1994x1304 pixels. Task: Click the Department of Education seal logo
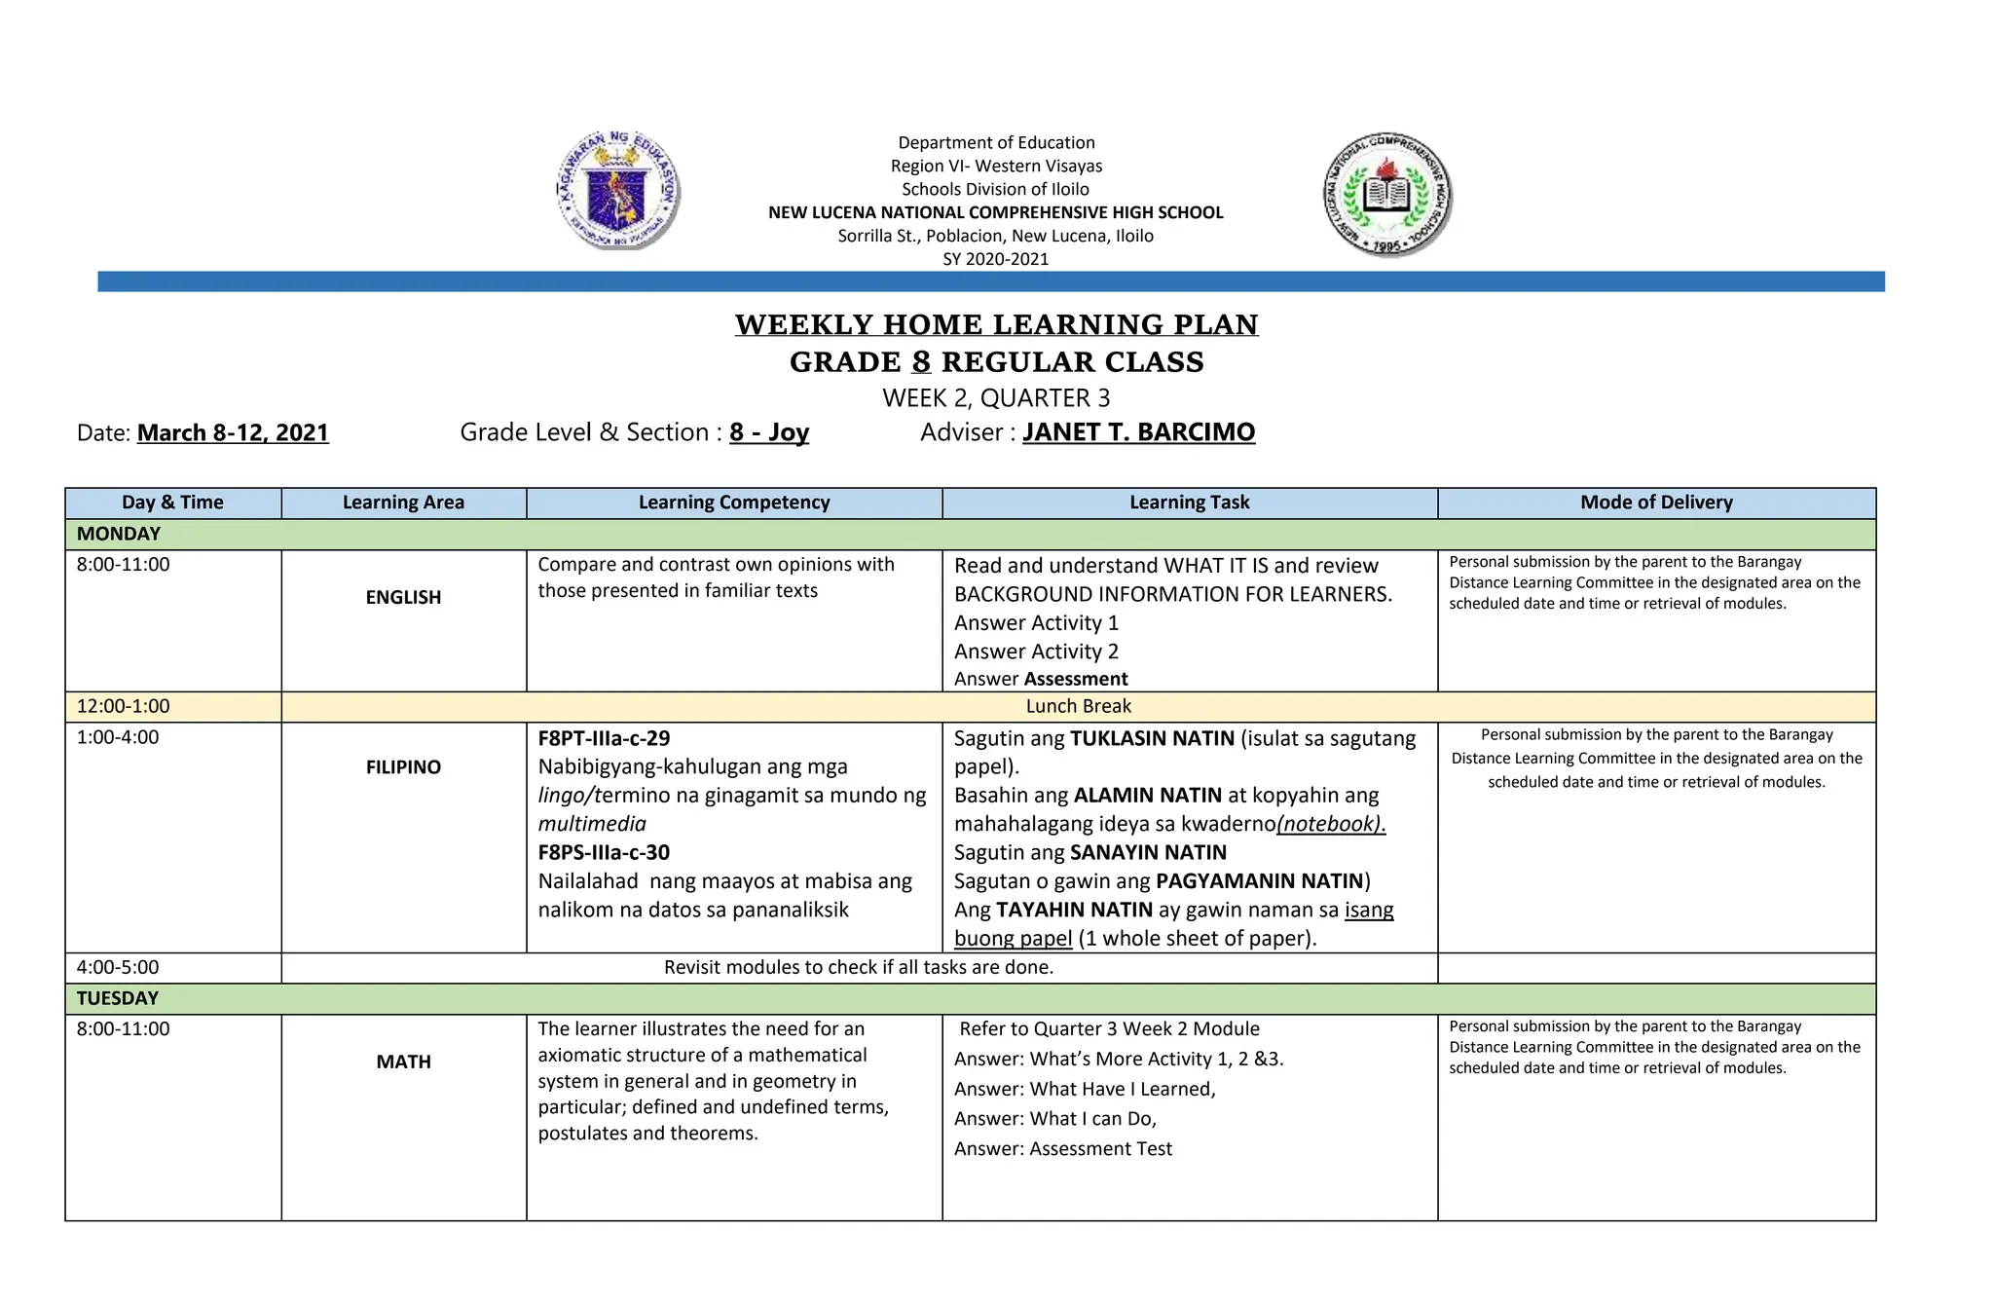[x=618, y=190]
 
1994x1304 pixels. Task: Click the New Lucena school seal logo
[x=1387, y=195]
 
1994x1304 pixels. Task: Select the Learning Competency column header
[x=734, y=503]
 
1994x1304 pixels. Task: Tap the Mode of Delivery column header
[x=1656, y=503]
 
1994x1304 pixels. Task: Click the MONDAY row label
[x=119, y=534]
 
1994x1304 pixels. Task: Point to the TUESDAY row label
[x=117, y=998]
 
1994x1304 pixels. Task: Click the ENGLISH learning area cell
[x=403, y=597]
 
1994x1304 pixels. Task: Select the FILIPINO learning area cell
[x=403, y=767]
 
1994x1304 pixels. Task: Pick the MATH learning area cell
[x=403, y=1062]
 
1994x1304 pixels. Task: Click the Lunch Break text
[x=1078, y=706]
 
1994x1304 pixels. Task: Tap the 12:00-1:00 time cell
[x=124, y=706]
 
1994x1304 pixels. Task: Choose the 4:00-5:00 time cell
[x=118, y=967]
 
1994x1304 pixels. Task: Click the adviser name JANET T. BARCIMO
[x=1138, y=432]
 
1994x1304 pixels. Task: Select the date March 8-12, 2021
[x=233, y=432]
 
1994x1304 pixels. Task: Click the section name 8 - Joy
[x=769, y=432]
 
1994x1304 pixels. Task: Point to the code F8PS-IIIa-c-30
[x=604, y=852]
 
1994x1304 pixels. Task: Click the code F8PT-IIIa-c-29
[x=604, y=738]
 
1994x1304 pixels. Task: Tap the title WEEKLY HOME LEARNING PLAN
[x=996, y=324]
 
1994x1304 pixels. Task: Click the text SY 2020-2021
[x=996, y=259]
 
